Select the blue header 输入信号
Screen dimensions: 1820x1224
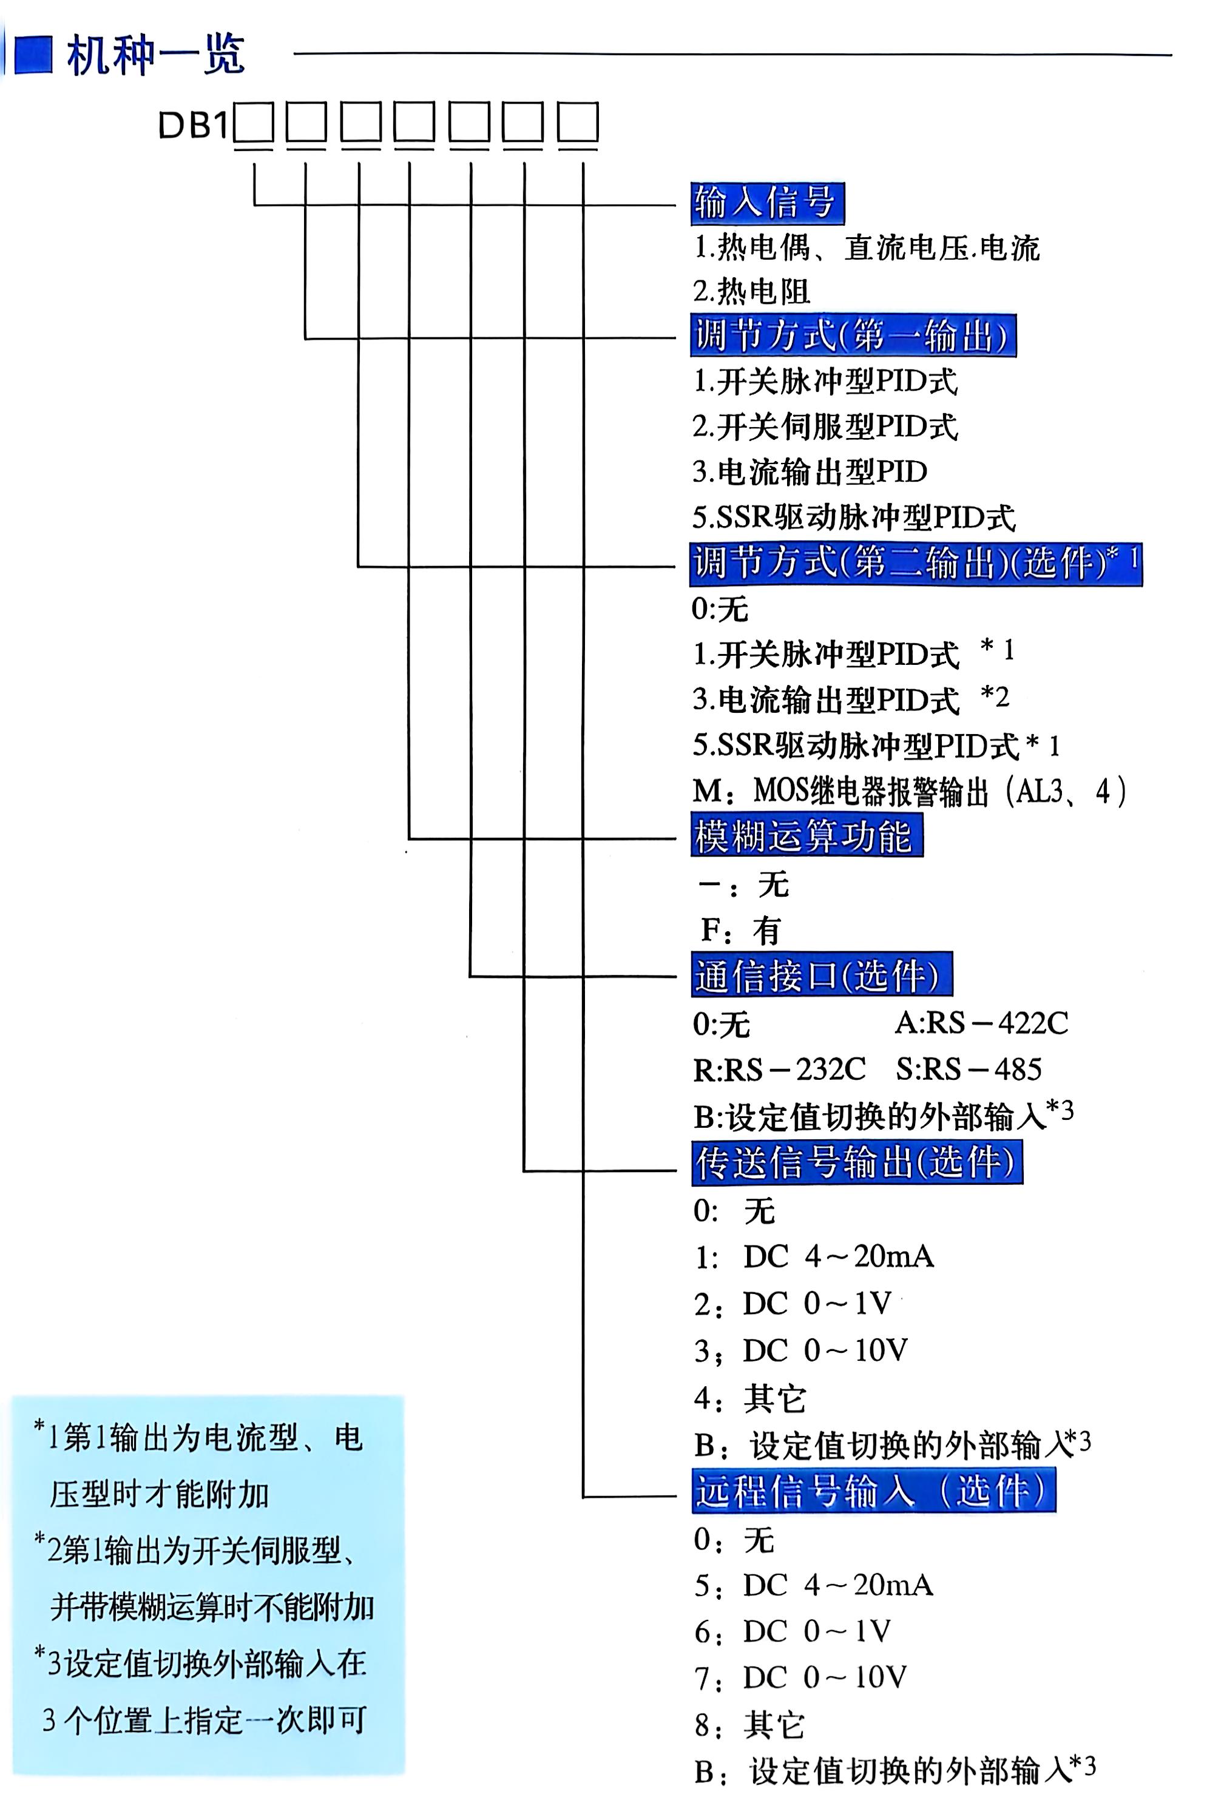pyautogui.click(x=766, y=203)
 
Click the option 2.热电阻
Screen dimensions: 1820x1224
pyautogui.click(x=751, y=291)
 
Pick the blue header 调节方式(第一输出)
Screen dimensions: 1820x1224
pyautogui.click(x=853, y=335)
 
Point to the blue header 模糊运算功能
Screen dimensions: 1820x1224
pyautogui.click(x=806, y=836)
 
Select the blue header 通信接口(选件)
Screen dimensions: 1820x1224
pyautogui.click(x=820, y=975)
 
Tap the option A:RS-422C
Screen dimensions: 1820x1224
pyautogui.click(x=981, y=1022)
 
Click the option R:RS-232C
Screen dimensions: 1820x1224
pyautogui.click(x=779, y=1069)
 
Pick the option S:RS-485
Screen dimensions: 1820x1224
pyautogui.click(x=968, y=1069)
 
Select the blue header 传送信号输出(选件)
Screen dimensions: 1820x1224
pyautogui.click(x=856, y=1162)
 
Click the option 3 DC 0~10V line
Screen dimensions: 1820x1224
pyautogui.click(x=800, y=1350)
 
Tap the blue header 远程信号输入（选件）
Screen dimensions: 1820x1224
pyautogui.click(x=872, y=1491)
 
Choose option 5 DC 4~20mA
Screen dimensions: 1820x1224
pyautogui.click(x=813, y=1585)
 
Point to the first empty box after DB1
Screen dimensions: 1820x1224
pyautogui.click(x=254, y=124)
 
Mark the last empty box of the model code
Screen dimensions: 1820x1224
pyautogui.click(x=578, y=124)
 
